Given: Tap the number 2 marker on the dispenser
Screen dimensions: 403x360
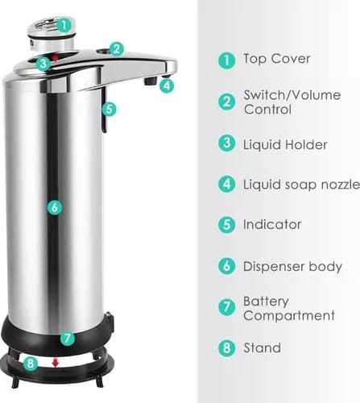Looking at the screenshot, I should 117,48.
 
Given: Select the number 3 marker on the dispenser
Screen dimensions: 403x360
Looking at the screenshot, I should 42,61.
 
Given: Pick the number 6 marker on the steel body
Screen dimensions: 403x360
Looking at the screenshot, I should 54,207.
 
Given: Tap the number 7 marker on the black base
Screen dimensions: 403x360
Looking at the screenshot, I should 67,339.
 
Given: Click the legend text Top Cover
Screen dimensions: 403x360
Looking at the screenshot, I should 276,59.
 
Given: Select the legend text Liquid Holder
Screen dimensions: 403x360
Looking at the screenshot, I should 285,144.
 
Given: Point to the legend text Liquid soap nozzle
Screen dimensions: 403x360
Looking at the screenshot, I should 296,185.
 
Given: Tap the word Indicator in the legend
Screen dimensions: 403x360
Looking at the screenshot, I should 272,224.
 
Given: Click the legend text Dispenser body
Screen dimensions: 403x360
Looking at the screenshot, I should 292,266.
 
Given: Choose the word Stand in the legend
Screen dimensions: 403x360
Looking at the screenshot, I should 262,348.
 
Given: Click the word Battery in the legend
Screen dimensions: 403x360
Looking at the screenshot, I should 266,301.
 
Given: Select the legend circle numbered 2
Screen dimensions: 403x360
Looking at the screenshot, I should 226,102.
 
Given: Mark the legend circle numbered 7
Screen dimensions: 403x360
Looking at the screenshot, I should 226,308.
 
